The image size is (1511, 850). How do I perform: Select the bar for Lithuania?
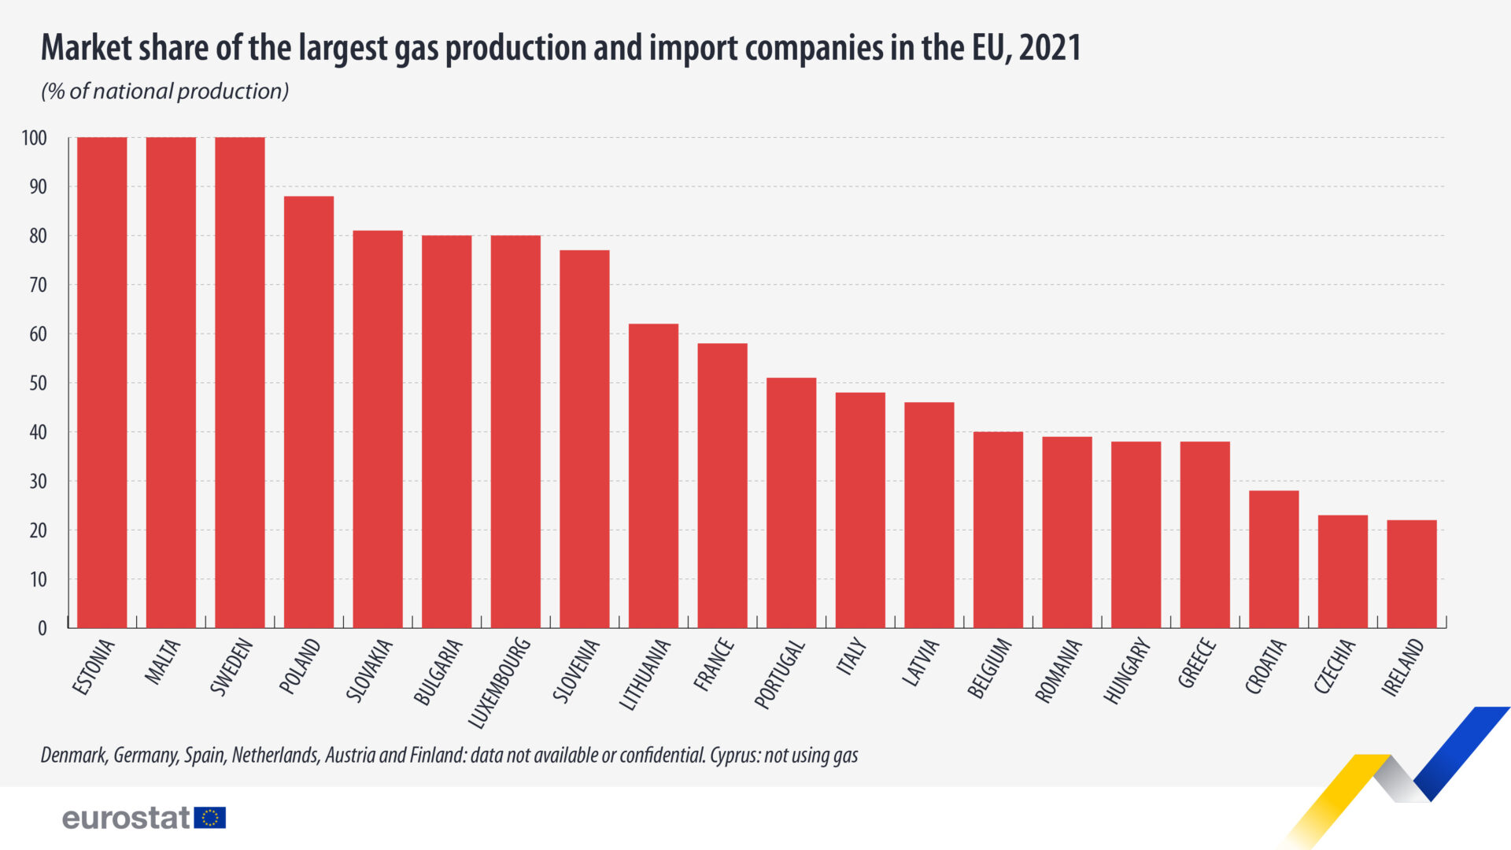653,475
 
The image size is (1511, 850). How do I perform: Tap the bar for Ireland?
1412,574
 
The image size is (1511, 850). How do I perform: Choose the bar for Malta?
171,382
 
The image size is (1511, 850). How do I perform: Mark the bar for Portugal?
791,503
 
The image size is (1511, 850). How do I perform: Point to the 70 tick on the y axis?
38,285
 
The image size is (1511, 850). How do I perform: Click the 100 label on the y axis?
35,139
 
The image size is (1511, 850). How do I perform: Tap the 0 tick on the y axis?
42,628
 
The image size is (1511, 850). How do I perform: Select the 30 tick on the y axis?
38,481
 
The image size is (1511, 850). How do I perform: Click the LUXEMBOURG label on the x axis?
500,682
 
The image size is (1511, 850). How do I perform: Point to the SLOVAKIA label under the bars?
369,671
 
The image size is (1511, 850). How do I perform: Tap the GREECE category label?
1197,663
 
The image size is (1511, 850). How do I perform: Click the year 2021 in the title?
1050,48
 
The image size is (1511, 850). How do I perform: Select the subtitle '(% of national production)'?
165,91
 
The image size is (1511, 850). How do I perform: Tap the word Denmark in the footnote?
73,756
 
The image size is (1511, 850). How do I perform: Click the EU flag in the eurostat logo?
210,818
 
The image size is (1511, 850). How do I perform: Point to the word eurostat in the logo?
126,818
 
